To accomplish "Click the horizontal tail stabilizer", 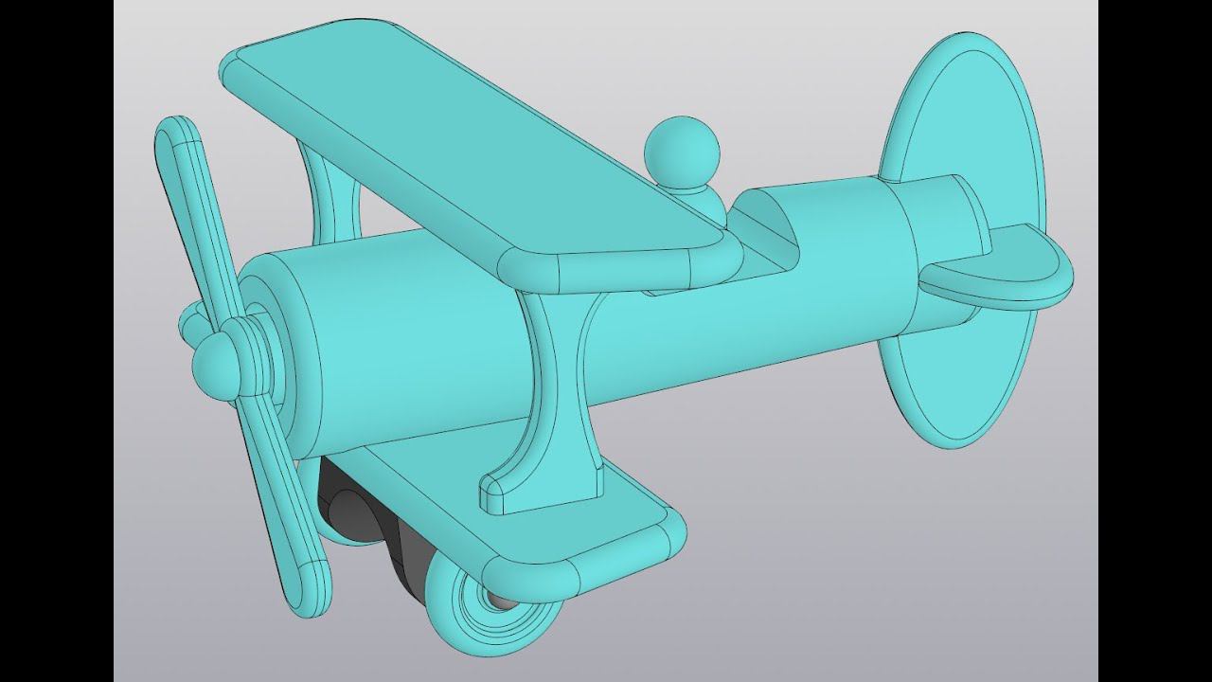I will pos(1004,275).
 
